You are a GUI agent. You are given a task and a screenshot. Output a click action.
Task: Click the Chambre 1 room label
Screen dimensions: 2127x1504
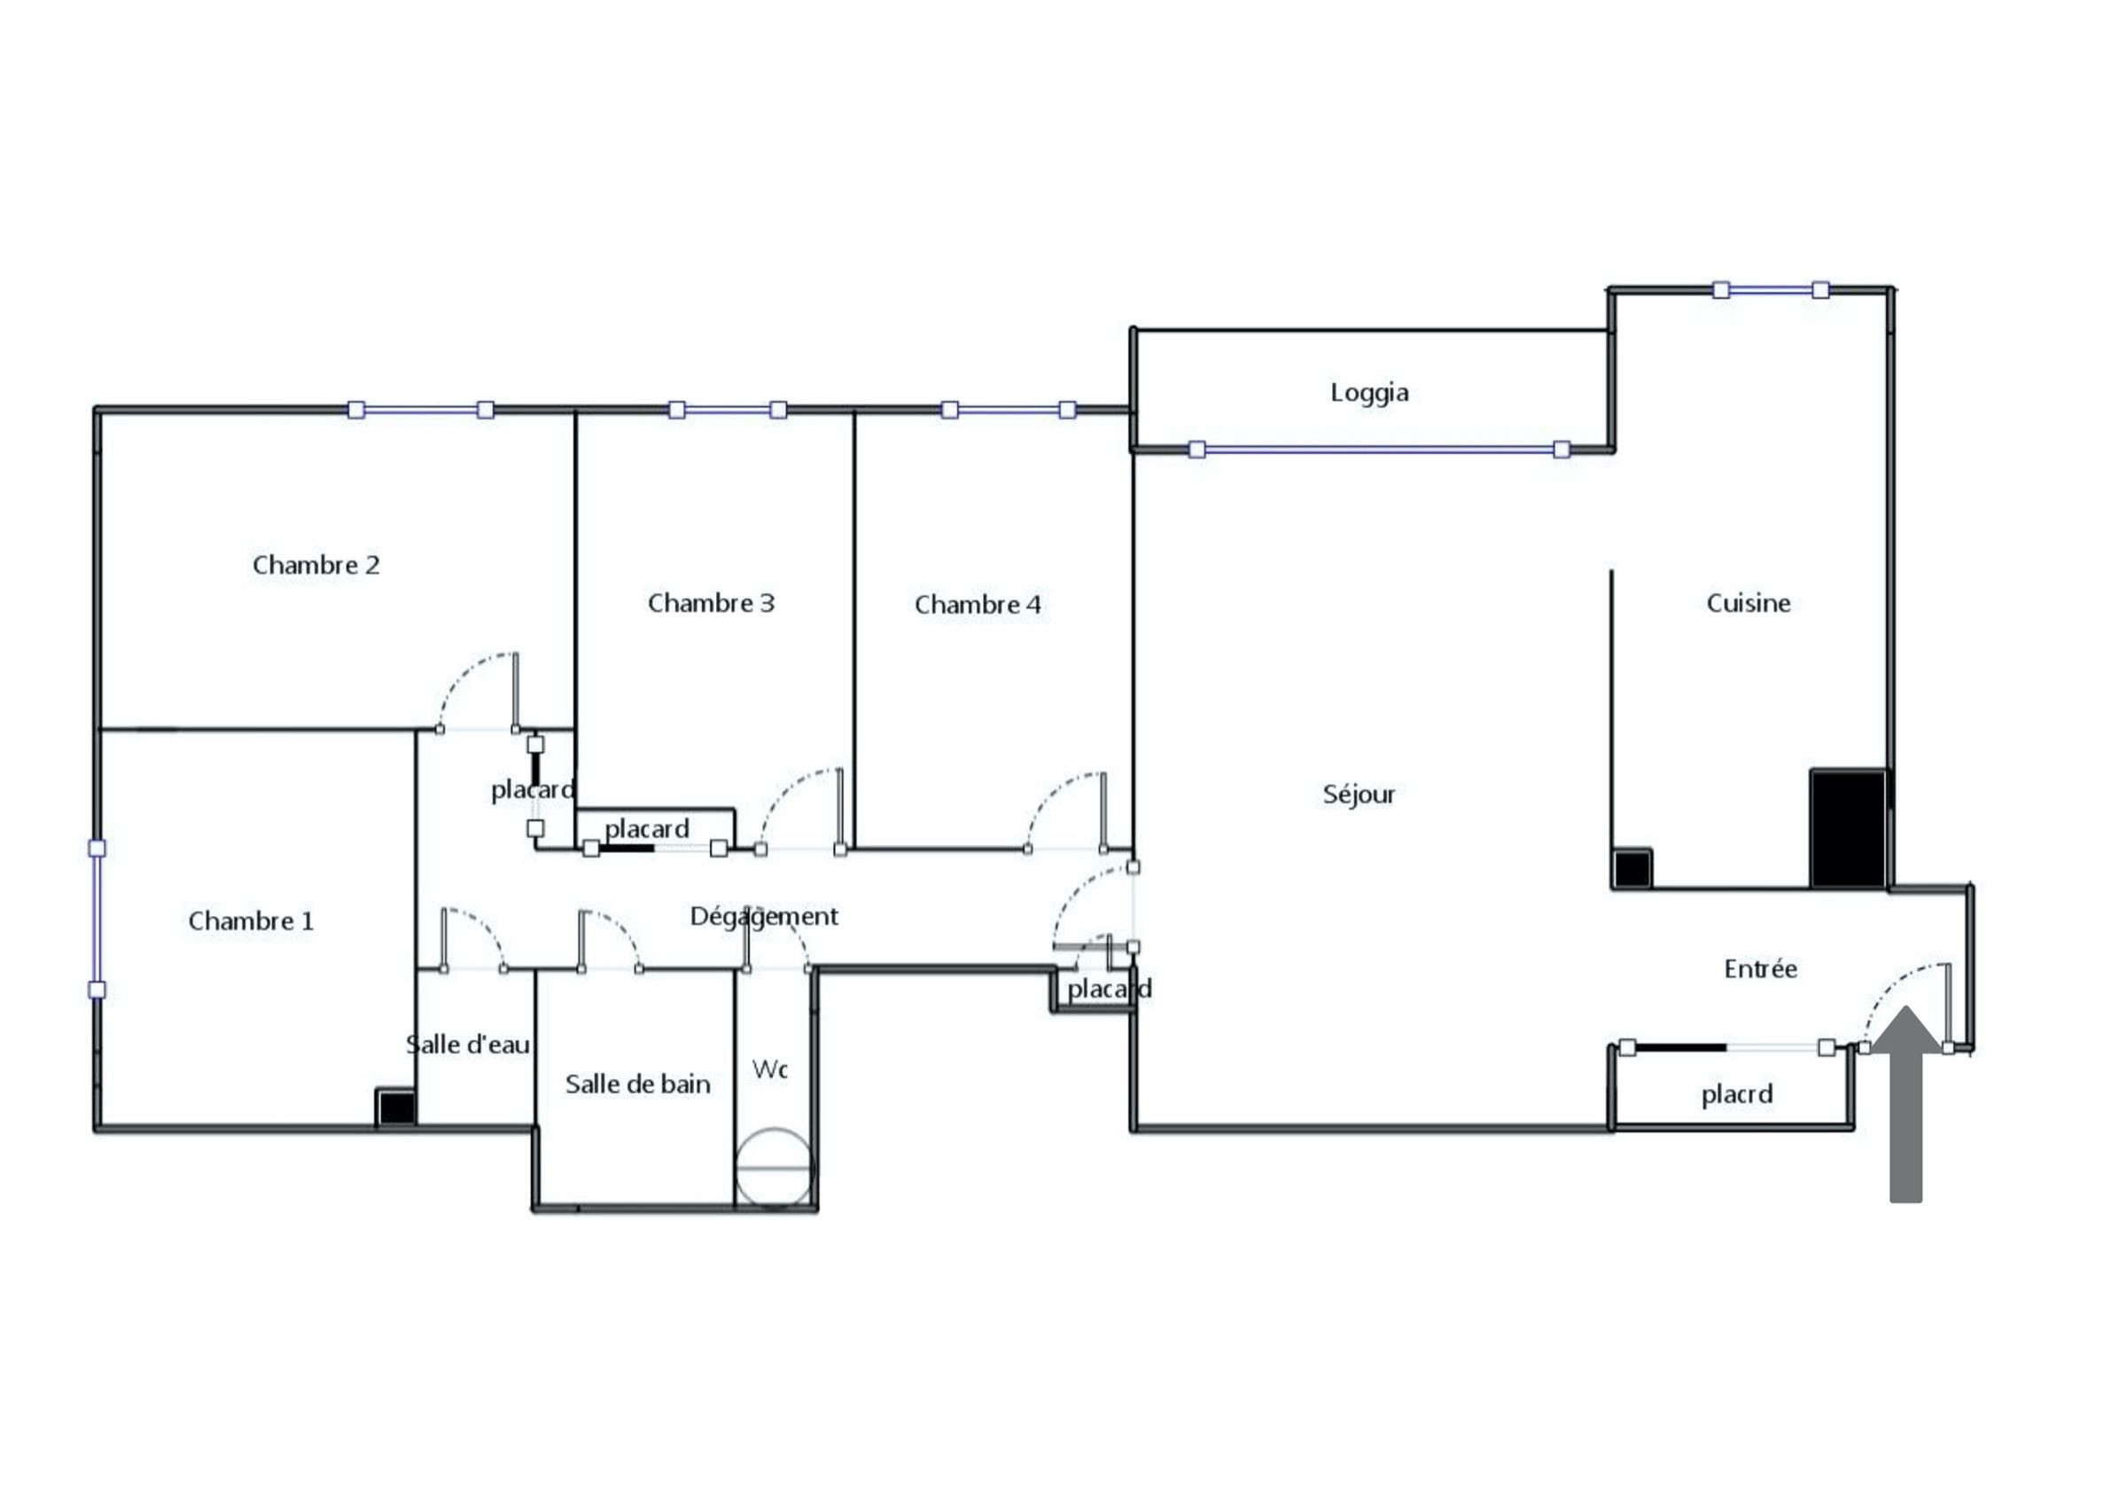[x=251, y=921]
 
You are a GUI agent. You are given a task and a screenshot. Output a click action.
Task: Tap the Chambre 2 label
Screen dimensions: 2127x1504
[x=316, y=565]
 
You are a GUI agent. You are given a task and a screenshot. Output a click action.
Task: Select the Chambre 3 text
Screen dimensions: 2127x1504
[x=711, y=603]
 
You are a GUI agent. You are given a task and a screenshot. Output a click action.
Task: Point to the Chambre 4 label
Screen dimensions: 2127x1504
[x=978, y=605]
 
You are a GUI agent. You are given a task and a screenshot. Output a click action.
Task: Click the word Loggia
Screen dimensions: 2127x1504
[x=1369, y=393]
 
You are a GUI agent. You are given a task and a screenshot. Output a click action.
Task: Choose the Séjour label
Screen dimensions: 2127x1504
[x=1359, y=795]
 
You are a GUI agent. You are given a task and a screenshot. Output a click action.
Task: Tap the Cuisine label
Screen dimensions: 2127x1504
[x=1748, y=603]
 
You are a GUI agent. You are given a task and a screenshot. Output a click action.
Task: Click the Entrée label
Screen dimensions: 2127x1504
[x=1760, y=969]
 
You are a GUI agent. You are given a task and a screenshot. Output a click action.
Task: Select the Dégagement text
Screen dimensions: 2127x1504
[x=764, y=916]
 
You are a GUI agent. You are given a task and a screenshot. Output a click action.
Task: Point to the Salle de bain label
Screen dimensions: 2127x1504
[x=638, y=1085]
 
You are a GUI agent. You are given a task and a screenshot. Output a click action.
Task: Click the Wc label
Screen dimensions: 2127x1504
[x=770, y=1069]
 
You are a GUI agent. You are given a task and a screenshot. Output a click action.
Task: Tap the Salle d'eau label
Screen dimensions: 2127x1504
[x=469, y=1046]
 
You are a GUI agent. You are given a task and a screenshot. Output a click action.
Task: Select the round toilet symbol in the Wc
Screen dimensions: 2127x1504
[x=775, y=1168]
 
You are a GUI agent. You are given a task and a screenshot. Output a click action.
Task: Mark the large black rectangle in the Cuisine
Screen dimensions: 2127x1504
[x=1848, y=828]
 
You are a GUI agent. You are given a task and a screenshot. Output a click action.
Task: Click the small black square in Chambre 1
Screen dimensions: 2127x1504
[x=395, y=1108]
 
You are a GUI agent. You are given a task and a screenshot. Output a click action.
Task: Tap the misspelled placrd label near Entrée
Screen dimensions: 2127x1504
[x=1737, y=1094]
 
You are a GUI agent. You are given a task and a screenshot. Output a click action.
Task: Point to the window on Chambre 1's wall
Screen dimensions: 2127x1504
[x=97, y=920]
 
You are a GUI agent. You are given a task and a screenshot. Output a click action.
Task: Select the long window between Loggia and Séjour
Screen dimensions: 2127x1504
[x=1379, y=450]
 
